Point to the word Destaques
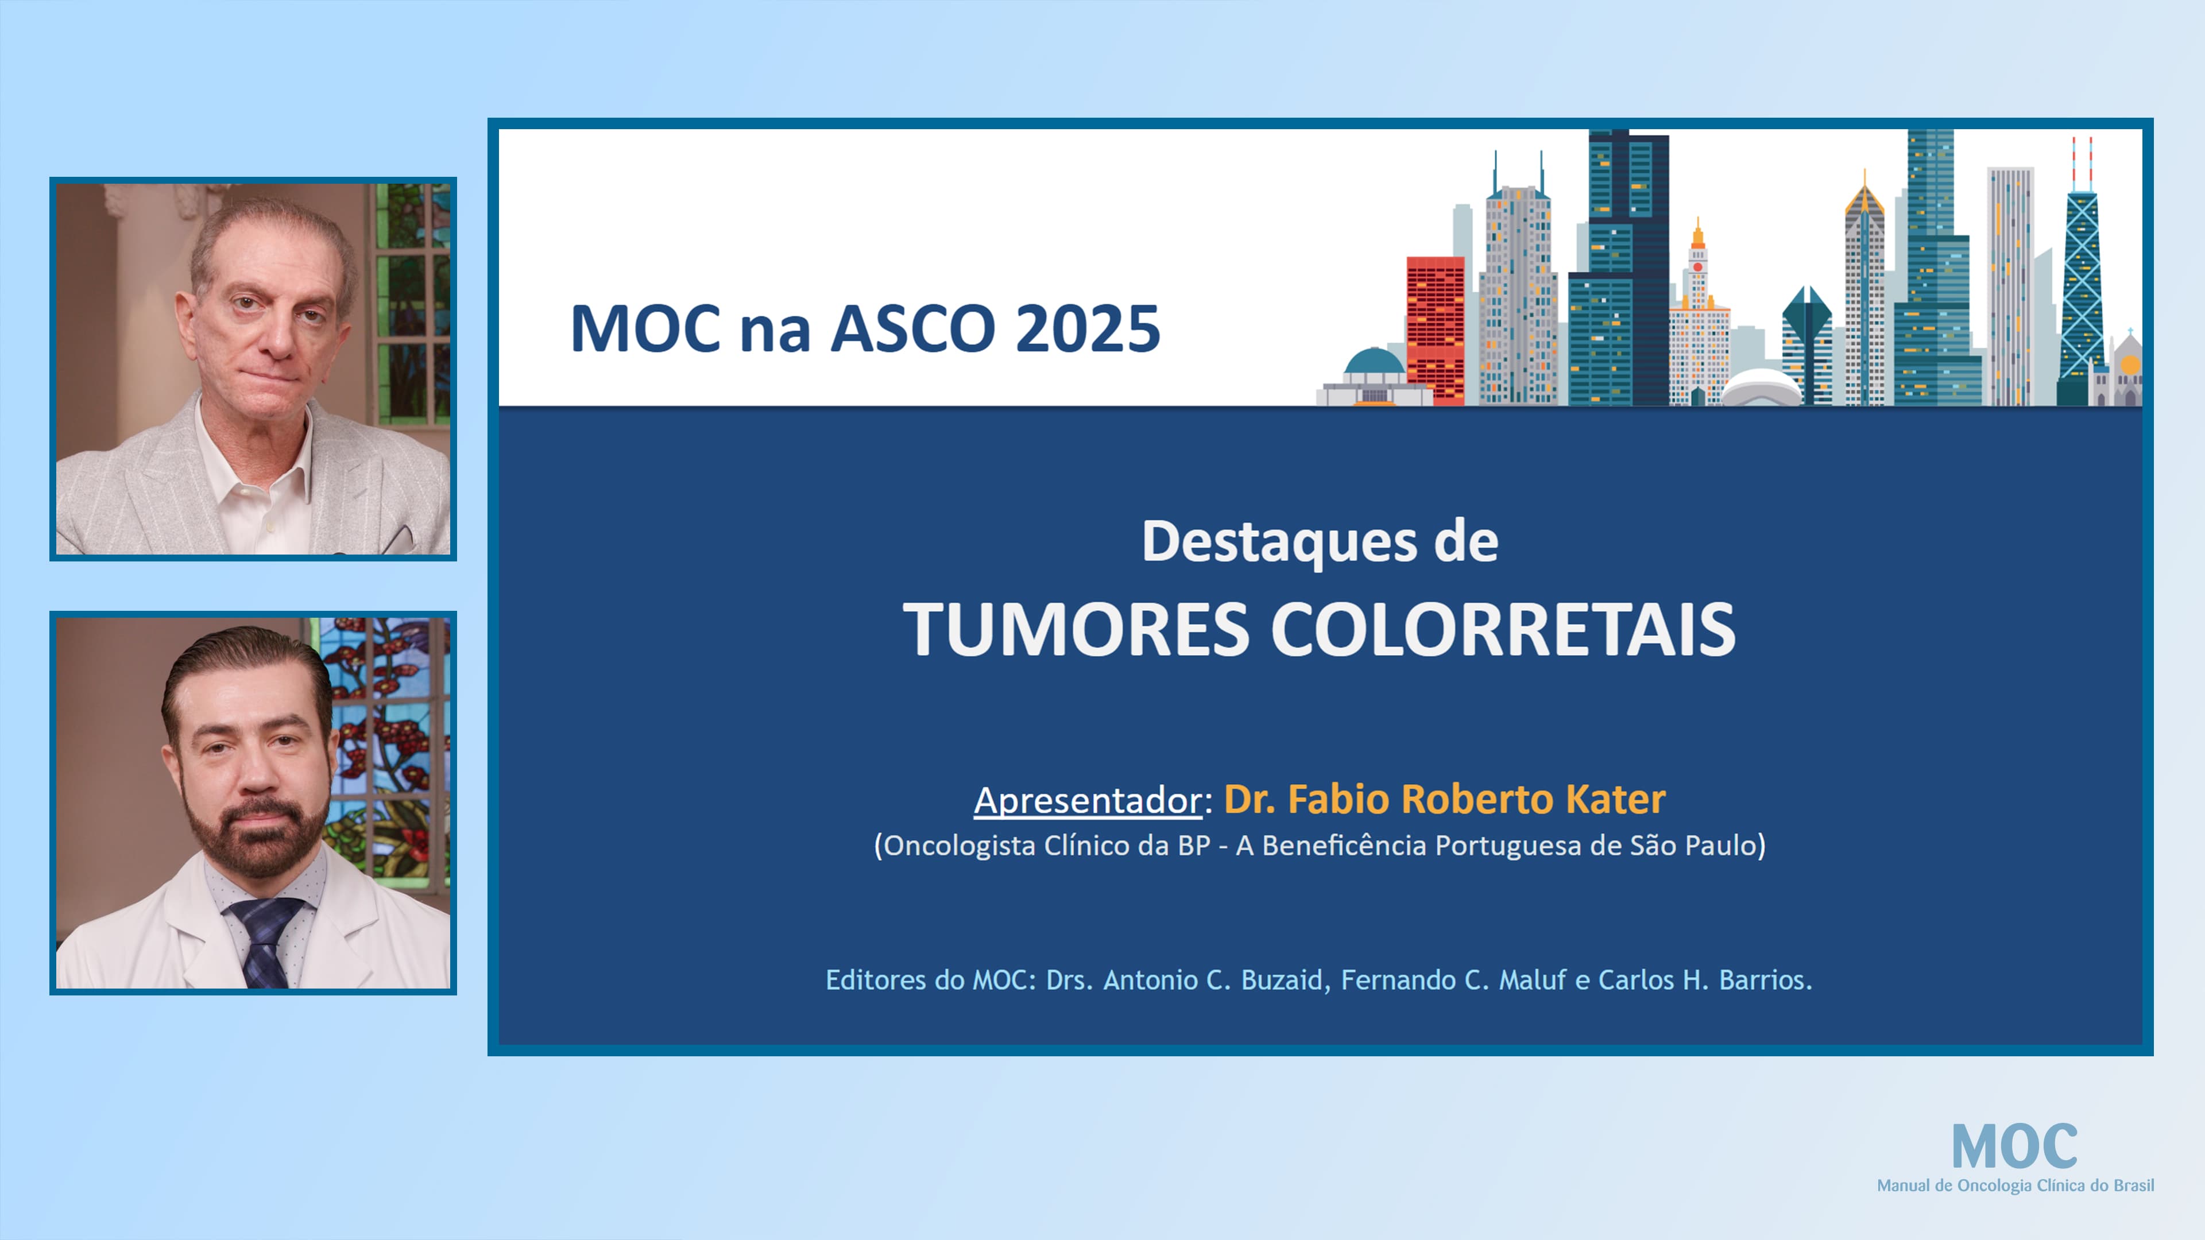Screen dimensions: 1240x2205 (1279, 542)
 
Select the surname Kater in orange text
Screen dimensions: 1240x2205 (1615, 799)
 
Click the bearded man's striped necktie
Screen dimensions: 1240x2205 (266, 941)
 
